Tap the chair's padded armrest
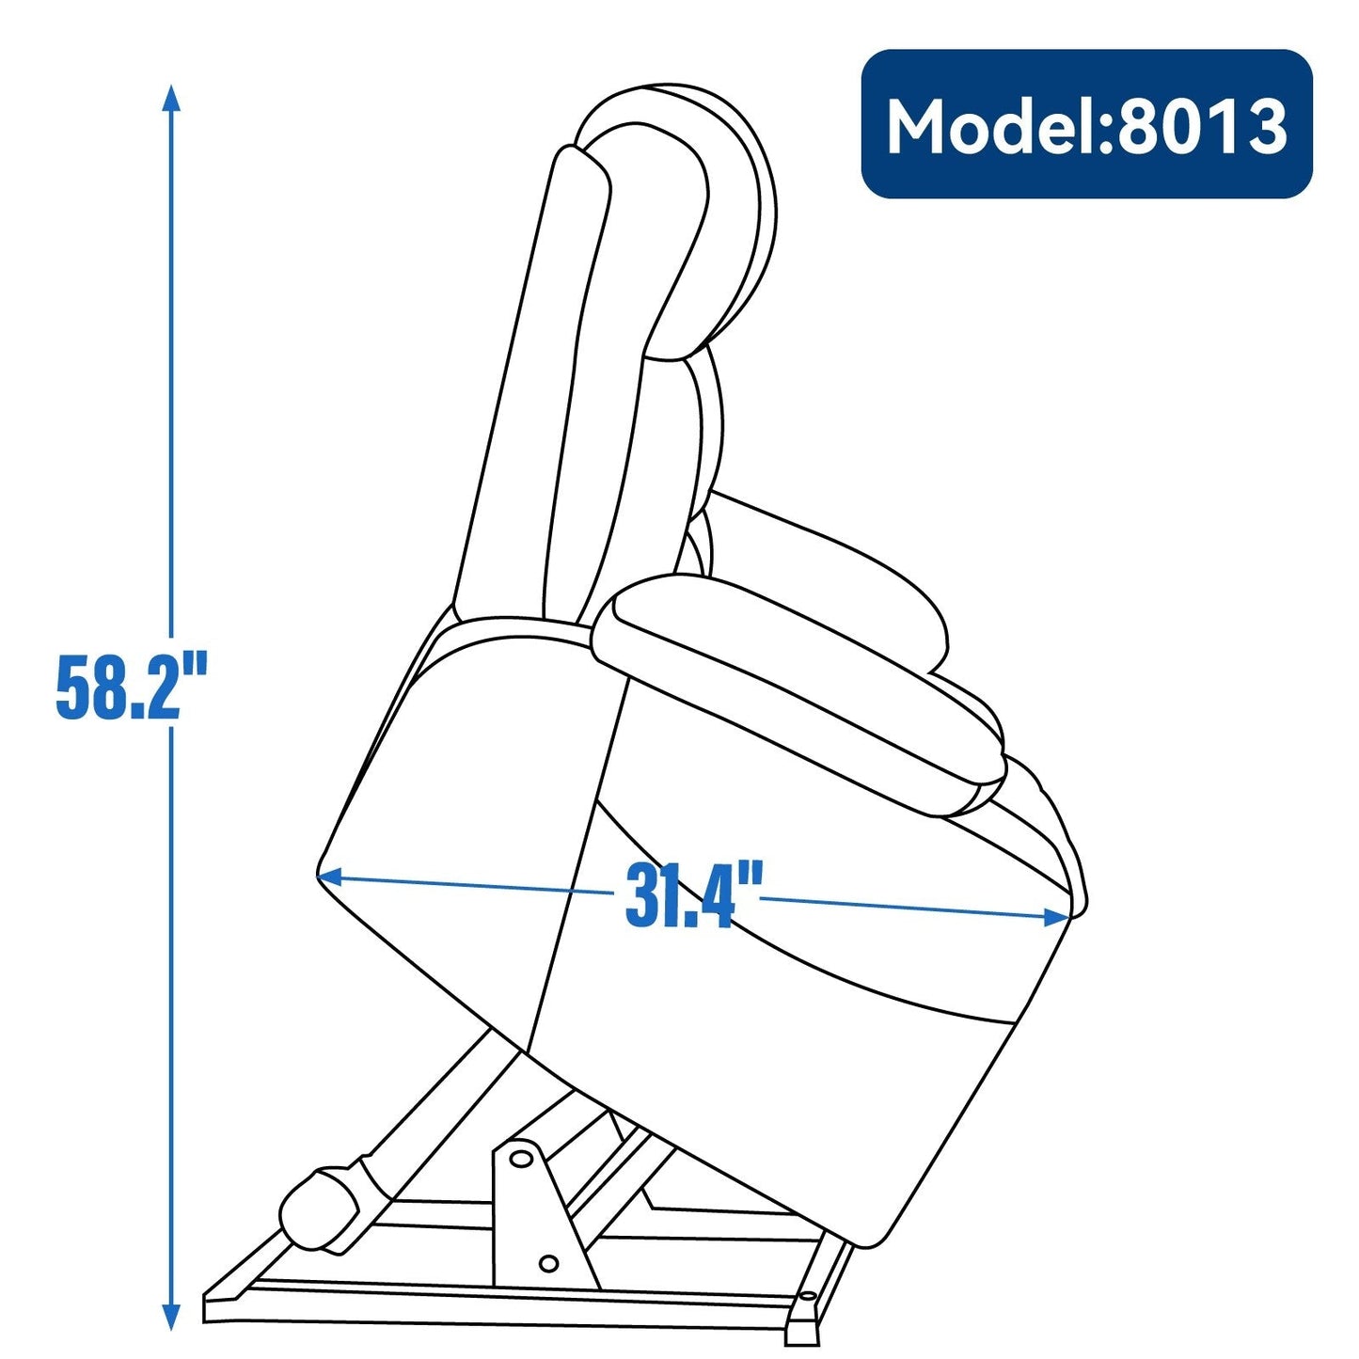pos(799,687)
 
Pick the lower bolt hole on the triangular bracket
pos(549,1263)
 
